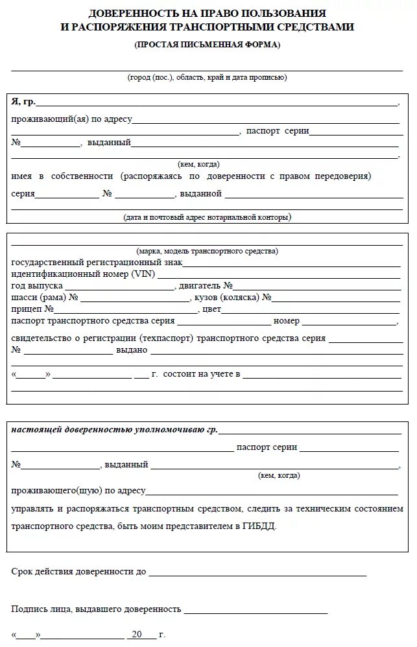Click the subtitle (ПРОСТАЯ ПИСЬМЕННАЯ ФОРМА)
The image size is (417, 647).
point(208,45)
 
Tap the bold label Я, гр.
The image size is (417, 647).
point(23,102)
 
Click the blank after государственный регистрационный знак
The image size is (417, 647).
point(291,263)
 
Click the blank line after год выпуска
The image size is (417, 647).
point(119,286)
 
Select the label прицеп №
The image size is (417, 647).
point(32,309)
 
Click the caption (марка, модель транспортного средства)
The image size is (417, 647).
point(207,251)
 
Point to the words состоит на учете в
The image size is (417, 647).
point(202,374)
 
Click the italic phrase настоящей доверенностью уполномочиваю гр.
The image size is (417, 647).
point(114,430)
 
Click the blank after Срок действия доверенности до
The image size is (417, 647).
point(257,572)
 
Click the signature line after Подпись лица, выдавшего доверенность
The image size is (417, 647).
point(256,610)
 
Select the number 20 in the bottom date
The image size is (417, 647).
point(136,635)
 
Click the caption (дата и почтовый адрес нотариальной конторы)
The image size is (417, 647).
point(207,218)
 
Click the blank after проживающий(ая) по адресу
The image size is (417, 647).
point(266,119)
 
